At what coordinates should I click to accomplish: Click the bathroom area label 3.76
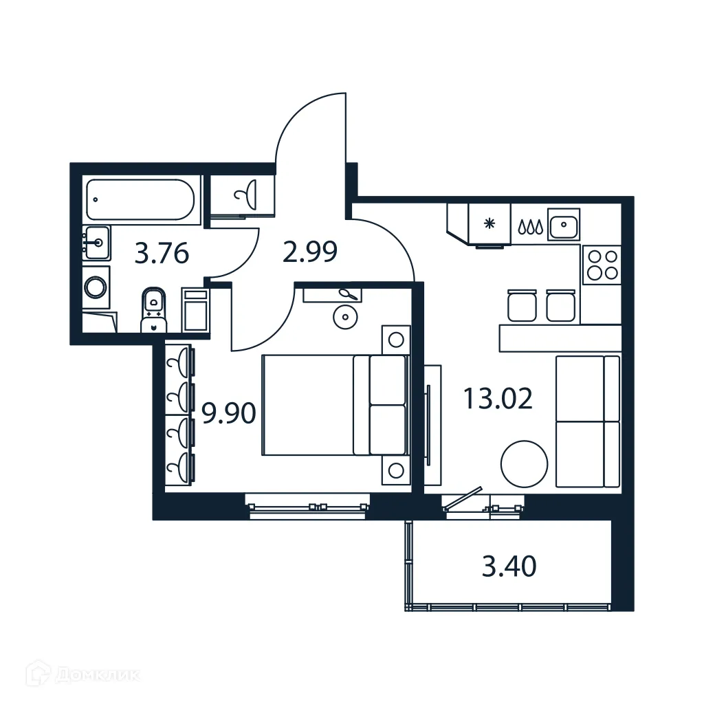162,254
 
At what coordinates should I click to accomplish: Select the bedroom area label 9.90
228,413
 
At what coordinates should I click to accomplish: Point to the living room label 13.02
497,398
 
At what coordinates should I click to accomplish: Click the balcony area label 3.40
509,567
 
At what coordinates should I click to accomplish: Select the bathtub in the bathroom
141,199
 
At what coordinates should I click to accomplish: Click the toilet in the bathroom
153,310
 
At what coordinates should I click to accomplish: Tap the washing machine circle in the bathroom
96,286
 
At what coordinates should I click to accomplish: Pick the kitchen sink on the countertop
564,224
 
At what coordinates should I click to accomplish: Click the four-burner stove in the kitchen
601,264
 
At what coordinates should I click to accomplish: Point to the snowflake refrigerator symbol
489,223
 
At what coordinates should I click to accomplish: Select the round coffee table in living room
524,465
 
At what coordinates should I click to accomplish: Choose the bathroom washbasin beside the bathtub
97,242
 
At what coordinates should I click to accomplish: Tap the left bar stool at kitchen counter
521,306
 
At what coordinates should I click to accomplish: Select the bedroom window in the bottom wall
307,507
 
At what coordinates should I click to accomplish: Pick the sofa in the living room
588,421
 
